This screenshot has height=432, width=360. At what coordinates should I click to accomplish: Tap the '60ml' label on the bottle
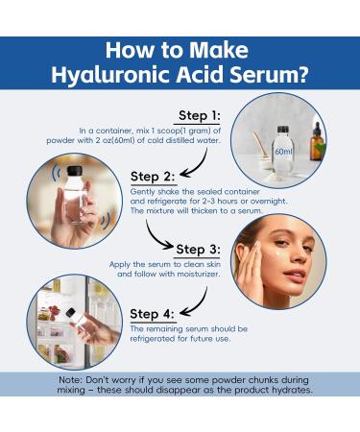[281, 151]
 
